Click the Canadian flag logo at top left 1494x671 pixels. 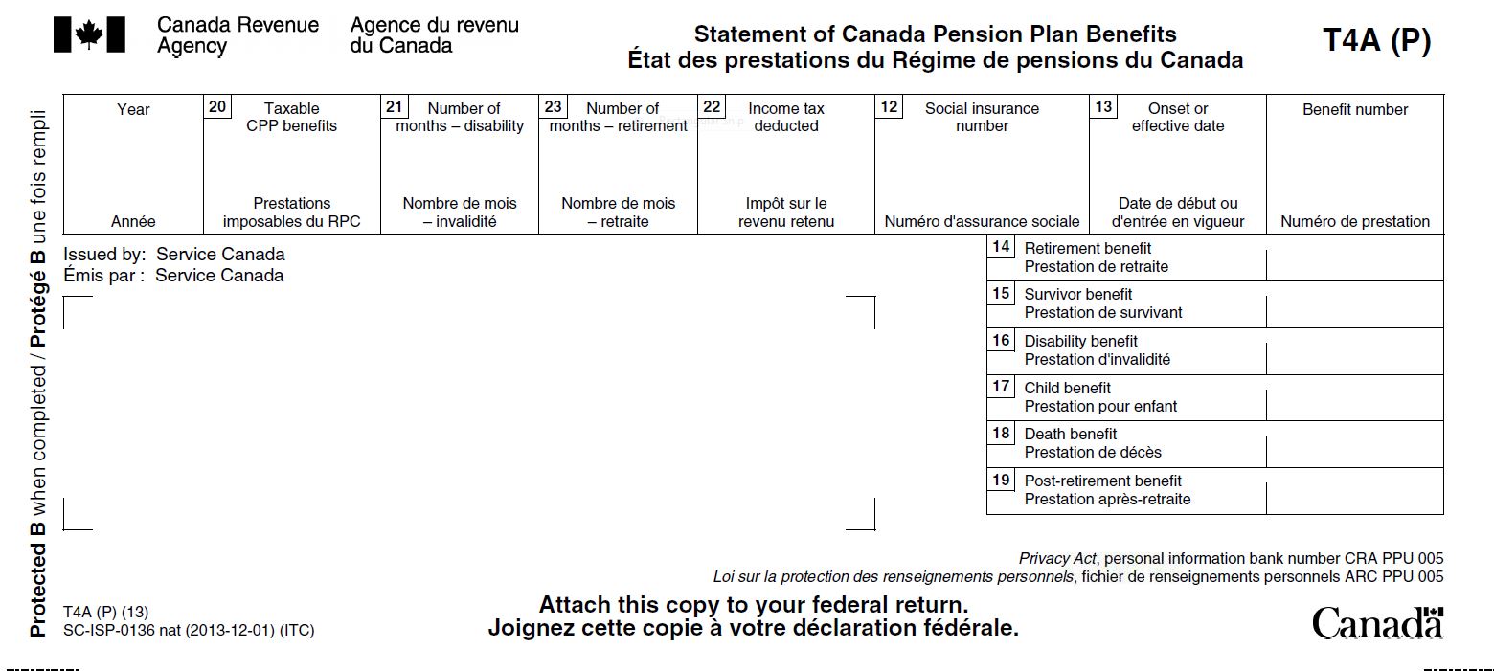coord(89,34)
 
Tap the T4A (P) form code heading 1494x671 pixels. coord(1376,40)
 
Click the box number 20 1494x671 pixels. coord(217,106)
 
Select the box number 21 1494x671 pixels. coord(394,106)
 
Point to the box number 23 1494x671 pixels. coord(553,106)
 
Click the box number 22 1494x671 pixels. coord(712,106)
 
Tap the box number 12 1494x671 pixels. coord(889,106)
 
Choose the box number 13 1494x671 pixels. coord(1103,106)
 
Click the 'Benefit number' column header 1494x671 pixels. coord(1354,109)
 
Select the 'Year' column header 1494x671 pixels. coord(133,109)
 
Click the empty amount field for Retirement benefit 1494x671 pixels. coord(1354,257)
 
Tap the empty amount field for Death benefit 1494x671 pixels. coord(1354,443)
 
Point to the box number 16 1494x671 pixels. coord(1001,340)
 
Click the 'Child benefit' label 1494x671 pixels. coord(1067,388)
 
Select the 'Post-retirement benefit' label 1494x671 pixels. coord(1102,481)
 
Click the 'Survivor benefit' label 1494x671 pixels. coord(1077,294)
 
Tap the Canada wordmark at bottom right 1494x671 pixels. coord(1376,623)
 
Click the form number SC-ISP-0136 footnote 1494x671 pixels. coord(188,631)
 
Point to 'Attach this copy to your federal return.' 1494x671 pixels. coord(753,605)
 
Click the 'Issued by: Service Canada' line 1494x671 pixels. coord(173,255)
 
